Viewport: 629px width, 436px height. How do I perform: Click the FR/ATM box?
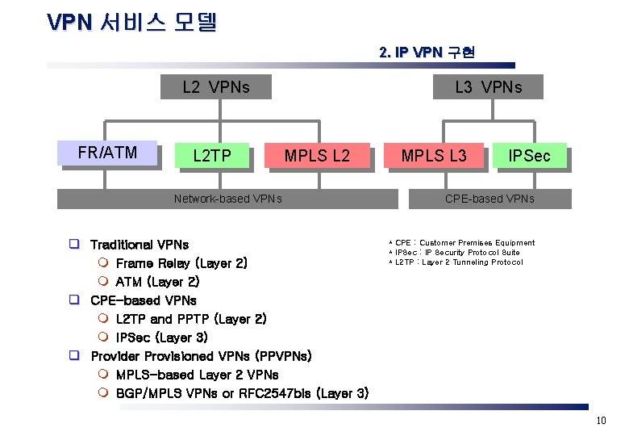click(x=107, y=153)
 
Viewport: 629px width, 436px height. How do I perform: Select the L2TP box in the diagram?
click(x=212, y=156)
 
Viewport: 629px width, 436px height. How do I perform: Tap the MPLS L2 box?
click(x=317, y=156)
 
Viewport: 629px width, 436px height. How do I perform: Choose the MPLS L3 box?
click(x=434, y=156)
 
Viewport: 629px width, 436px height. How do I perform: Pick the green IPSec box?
click(x=529, y=156)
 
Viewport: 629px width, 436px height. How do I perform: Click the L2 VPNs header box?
click(x=216, y=87)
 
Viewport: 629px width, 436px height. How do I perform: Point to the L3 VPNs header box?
click(x=489, y=87)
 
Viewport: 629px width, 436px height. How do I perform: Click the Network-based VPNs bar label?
click(x=228, y=199)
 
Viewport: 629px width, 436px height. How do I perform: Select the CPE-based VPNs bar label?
click(x=489, y=199)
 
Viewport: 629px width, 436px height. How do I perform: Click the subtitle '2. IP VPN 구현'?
click(x=427, y=52)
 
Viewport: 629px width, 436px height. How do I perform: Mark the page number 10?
click(x=600, y=421)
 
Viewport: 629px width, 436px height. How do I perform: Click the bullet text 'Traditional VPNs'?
click(x=140, y=245)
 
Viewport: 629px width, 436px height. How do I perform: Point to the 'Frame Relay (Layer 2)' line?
click(x=181, y=263)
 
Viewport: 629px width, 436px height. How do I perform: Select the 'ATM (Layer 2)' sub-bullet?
click(x=157, y=282)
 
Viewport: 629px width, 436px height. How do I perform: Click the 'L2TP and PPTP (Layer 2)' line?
click(x=191, y=319)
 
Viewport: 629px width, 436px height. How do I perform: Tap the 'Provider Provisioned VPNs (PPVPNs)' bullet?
click(x=201, y=356)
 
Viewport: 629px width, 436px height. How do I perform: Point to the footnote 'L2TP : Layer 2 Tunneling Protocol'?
click(x=458, y=262)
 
